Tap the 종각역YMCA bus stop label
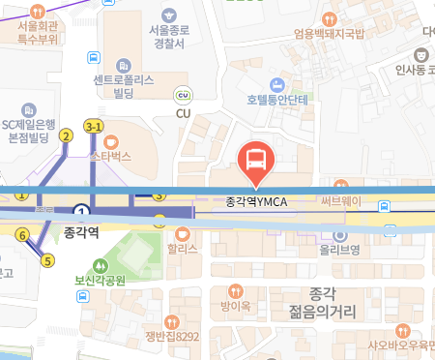pos(257,201)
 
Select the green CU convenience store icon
pos(183,95)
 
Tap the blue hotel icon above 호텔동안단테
pos(276,82)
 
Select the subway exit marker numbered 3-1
pos(94,127)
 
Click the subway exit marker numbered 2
pos(66,135)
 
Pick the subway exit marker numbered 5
pos(47,259)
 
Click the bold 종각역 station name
pos(82,233)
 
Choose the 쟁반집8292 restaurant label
pos(171,337)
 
